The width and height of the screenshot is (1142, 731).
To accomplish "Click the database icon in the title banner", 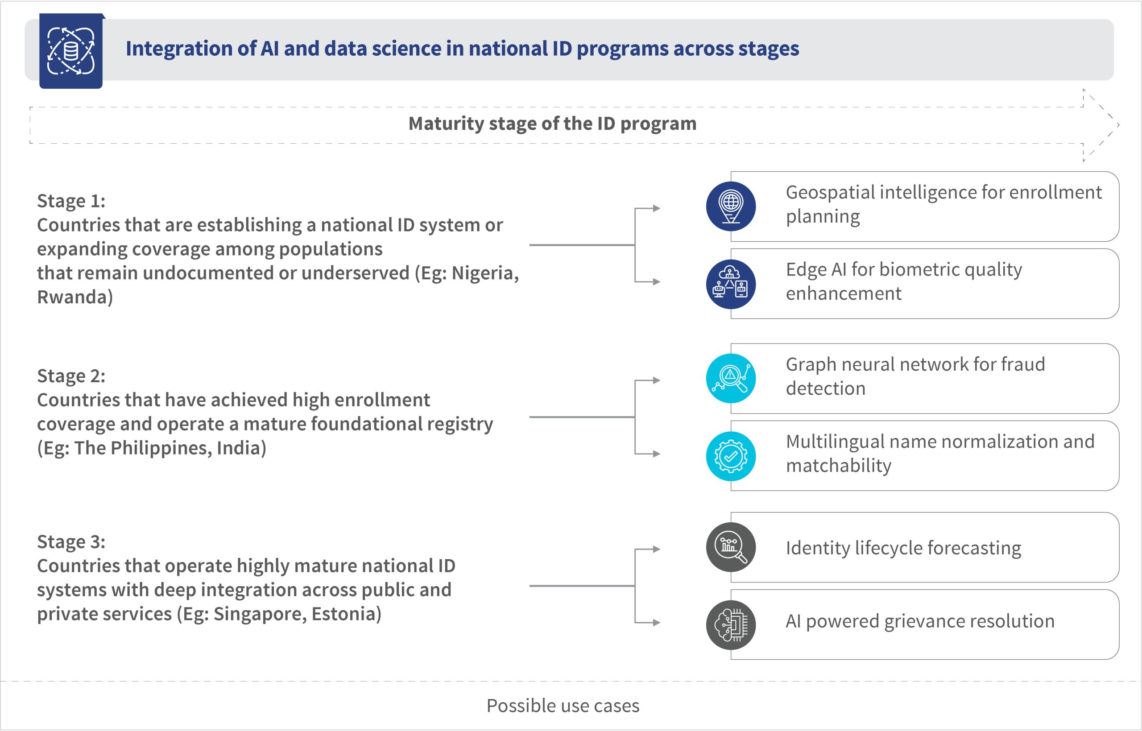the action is tap(71, 51).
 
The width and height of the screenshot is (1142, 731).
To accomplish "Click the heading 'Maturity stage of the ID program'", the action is tap(553, 124).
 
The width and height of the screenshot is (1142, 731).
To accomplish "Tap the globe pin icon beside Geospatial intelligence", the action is tap(731, 206).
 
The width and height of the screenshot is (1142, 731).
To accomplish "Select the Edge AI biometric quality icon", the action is tap(731, 284).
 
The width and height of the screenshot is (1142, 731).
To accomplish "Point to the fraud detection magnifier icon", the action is tap(731, 378).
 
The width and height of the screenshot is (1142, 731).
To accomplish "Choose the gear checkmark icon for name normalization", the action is tap(731, 456).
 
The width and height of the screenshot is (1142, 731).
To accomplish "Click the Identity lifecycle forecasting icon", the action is tap(731, 547).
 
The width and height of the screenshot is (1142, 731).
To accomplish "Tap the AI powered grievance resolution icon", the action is tap(731, 625).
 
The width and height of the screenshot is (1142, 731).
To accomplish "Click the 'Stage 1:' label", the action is tap(71, 201).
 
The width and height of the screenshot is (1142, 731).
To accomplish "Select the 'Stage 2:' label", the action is tap(71, 376).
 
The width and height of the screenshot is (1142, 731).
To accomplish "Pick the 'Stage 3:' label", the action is tap(71, 542).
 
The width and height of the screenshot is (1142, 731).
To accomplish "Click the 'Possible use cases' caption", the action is tap(563, 706).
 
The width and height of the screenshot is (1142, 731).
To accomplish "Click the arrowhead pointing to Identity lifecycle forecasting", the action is tap(657, 549).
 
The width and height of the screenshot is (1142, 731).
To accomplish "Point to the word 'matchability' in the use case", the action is tap(839, 466).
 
